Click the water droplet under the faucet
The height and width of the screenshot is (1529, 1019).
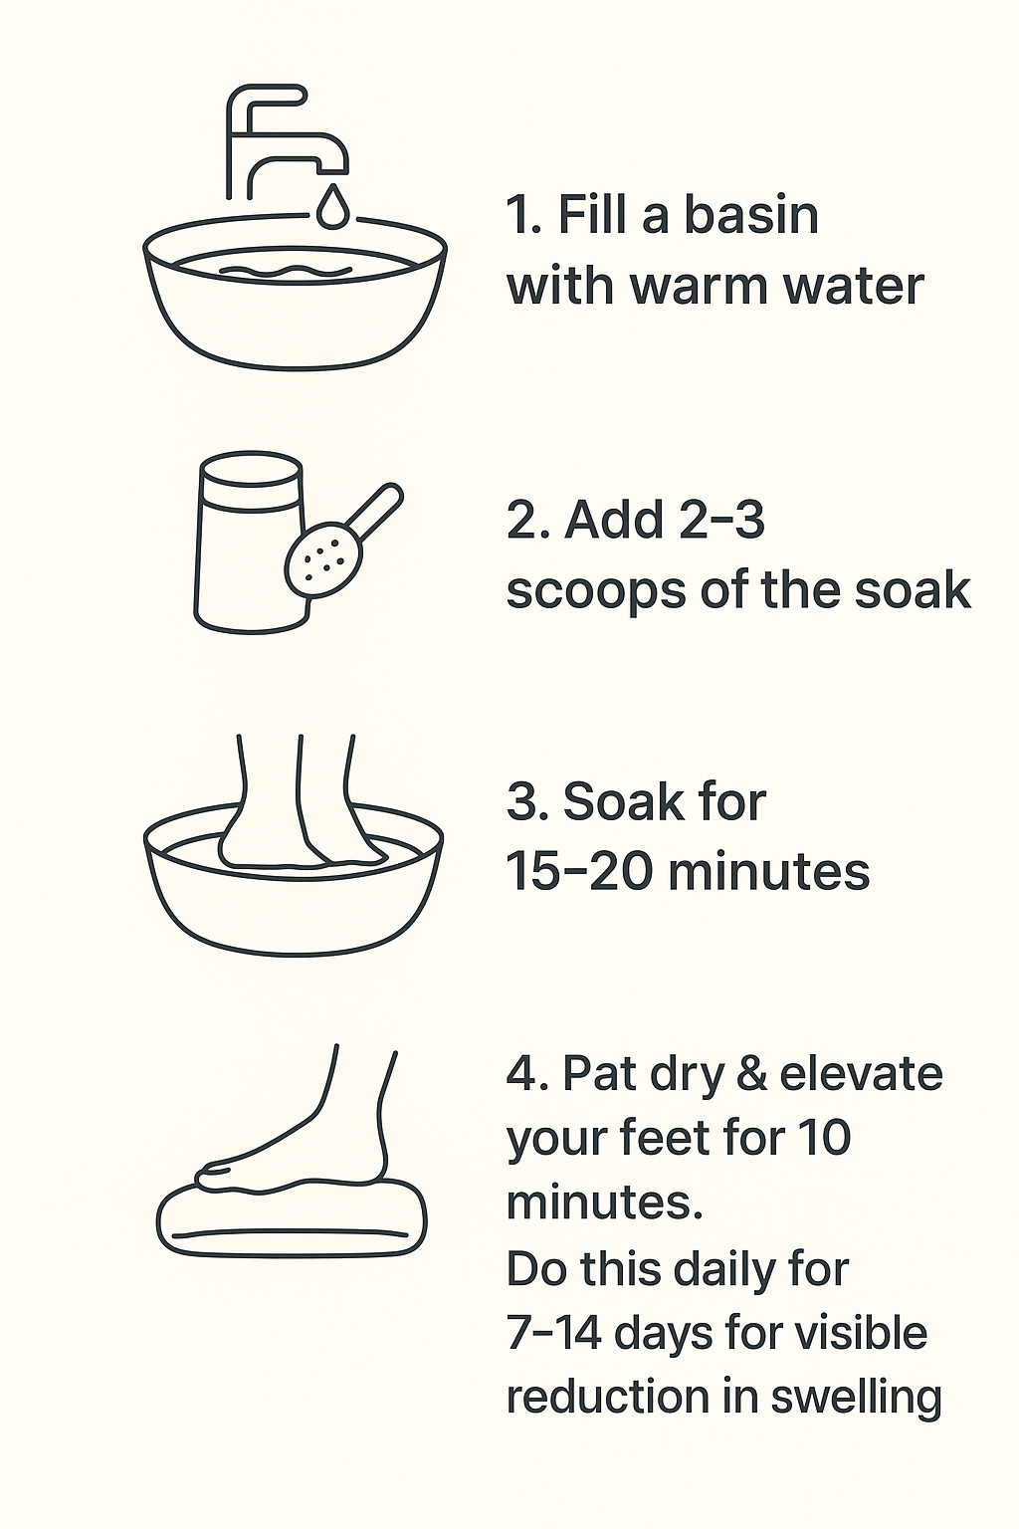pos(333,206)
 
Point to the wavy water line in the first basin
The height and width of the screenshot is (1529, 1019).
pos(286,271)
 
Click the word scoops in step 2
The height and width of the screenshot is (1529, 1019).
pos(596,592)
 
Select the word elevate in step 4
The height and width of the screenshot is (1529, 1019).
pos(862,1074)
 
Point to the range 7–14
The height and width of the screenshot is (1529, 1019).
pos(554,1334)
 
